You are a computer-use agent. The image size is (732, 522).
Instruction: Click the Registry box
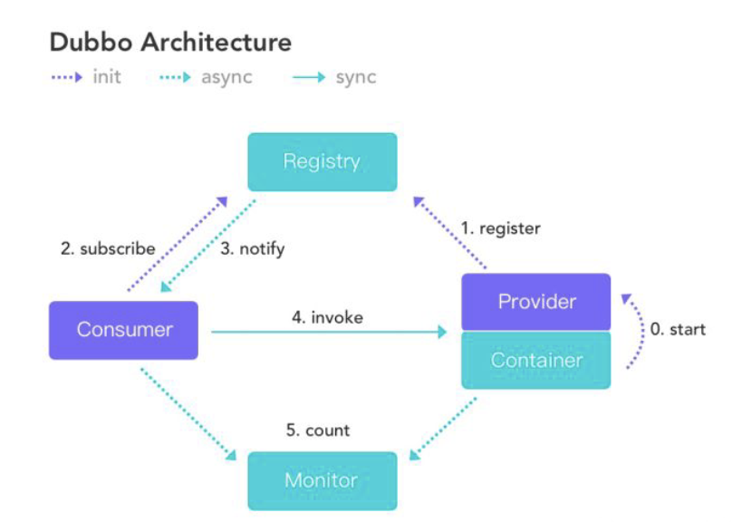(323, 162)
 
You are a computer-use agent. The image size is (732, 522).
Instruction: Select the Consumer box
(123, 330)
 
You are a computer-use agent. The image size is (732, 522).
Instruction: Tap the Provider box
(536, 302)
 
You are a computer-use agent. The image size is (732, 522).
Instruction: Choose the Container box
(536, 360)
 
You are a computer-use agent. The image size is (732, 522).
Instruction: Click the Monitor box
(323, 481)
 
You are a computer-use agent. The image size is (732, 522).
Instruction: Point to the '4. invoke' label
(327, 317)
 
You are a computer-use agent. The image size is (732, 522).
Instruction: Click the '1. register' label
(500, 228)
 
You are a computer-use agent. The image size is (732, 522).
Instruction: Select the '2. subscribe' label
(108, 248)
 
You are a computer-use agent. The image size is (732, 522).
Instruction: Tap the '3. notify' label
(252, 249)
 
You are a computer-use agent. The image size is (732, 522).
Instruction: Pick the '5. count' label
(317, 430)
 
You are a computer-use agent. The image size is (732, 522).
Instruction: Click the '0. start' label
(678, 329)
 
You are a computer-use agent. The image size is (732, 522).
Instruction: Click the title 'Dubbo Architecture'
(170, 42)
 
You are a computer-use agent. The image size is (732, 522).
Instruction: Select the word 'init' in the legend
(107, 76)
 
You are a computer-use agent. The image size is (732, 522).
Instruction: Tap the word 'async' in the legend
(226, 78)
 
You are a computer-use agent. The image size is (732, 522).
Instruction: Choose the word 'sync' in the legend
(356, 78)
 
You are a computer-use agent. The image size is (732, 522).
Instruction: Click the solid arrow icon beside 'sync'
(309, 77)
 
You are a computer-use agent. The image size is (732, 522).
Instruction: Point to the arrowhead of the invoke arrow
(442, 332)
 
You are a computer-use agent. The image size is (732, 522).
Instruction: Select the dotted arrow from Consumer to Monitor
(188, 414)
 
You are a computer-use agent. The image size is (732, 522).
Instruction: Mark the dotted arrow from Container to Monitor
(443, 429)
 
